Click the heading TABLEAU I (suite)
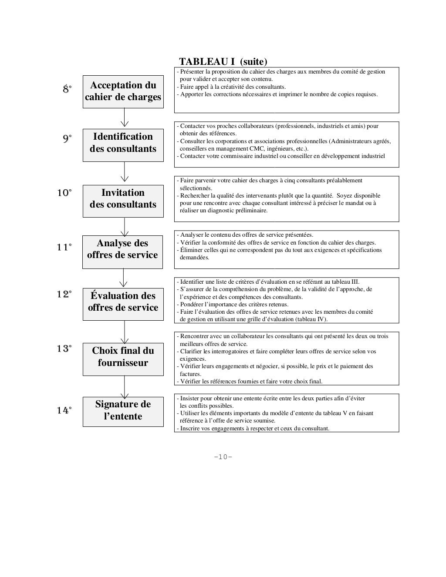(x=223, y=61)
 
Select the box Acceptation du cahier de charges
(x=123, y=91)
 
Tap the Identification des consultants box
(x=123, y=143)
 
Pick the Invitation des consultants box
(x=123, y=198)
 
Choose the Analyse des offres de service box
(x=123, y=249)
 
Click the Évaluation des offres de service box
(x=123, y=302)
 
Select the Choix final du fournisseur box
(x=123, y=357)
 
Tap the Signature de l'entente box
(x=123, y=410)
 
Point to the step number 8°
(x=67, y=89)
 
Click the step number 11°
(x=64, y=248)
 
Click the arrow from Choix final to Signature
(x=125, y=387)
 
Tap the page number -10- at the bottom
(x=223, y=457)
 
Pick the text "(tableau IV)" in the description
(x=311, y=319)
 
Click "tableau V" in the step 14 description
(x=334, y=413)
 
